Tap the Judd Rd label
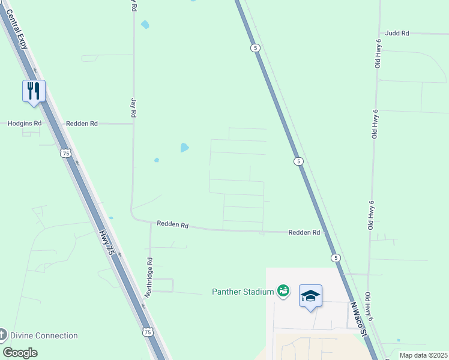pos(397,34)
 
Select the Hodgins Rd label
pos(25,123)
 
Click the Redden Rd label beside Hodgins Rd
pos(82,123)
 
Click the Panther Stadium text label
pos(243,292)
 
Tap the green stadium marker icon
pos(283,292)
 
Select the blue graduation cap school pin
pos(310,296)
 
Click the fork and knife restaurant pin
pos(34,92)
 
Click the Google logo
pos(20,352)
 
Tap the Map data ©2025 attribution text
pos(423,355)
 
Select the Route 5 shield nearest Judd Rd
pos(256,48)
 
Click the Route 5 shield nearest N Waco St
pos(336,257)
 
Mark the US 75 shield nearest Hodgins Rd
pos(65,154)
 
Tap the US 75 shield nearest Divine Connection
pos(148,331)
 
